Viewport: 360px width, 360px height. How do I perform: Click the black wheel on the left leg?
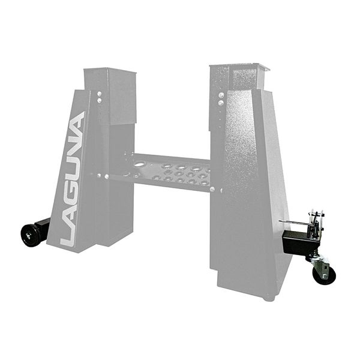pos(31,235)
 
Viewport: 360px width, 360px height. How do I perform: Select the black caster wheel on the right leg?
pos(324,275)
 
